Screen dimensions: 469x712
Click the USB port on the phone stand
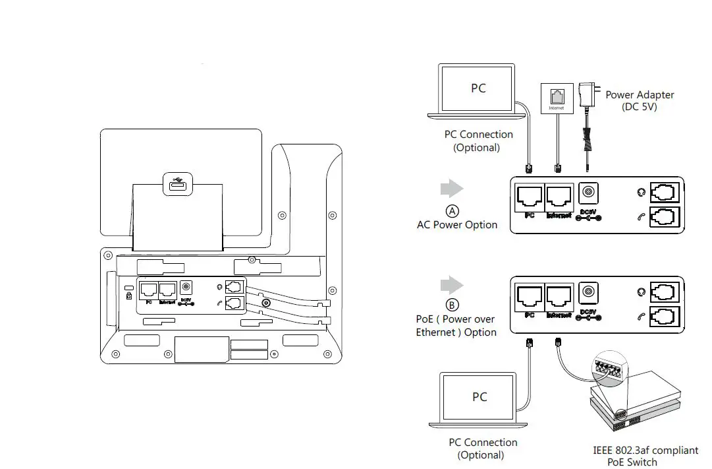176,186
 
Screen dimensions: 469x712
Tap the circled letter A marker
452,211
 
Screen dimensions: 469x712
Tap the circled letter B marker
452,305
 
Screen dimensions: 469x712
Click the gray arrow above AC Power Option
452,189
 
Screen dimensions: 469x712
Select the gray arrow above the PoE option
452,285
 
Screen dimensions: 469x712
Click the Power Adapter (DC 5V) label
639,101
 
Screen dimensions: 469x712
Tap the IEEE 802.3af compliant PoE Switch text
645,456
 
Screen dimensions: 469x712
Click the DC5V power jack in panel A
588,193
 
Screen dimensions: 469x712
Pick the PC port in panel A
529,197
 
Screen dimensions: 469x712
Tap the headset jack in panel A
665,193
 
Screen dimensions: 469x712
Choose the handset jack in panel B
665,317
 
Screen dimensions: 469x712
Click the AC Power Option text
457,225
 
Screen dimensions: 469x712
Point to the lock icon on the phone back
129,296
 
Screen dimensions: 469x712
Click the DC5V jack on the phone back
185,288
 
